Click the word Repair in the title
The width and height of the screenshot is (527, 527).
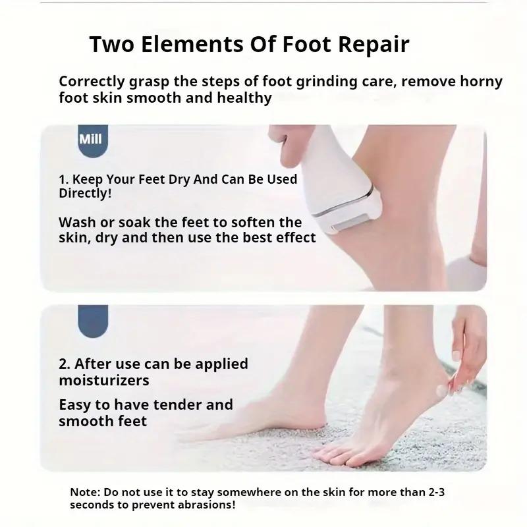pos(374,44)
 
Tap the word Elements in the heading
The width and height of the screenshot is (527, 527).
pos(192,43)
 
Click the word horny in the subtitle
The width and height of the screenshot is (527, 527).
pos(481,81)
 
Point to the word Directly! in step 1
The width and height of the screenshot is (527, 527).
pos(85,194)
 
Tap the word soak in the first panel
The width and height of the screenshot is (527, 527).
pos(134,222)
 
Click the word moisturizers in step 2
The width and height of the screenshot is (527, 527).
pos(104,381)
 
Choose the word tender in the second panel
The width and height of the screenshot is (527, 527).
pos(177,404)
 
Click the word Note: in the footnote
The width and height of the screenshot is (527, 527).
pos(85,492)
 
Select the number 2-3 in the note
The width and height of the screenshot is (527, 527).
pos(436,492)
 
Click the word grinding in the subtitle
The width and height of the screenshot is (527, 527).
pos(326,82)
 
